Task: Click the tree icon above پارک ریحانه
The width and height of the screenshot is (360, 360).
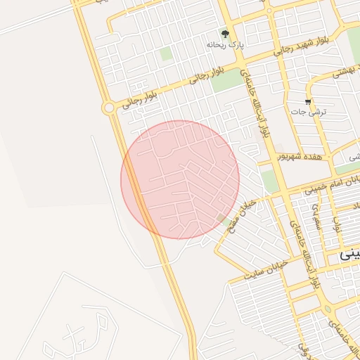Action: tap(225, 33)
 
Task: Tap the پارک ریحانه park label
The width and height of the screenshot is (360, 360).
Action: tap(225, 44)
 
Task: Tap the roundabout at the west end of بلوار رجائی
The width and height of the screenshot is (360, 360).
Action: tap(108, 108)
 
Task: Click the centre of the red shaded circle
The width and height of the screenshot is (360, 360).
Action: tap(180, 179)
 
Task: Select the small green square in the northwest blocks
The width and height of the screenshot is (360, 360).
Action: tap(166, 53)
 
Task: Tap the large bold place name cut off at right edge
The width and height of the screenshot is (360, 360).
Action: tap(349, 255)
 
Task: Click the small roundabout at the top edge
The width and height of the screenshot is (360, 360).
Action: tap(268, 11)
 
